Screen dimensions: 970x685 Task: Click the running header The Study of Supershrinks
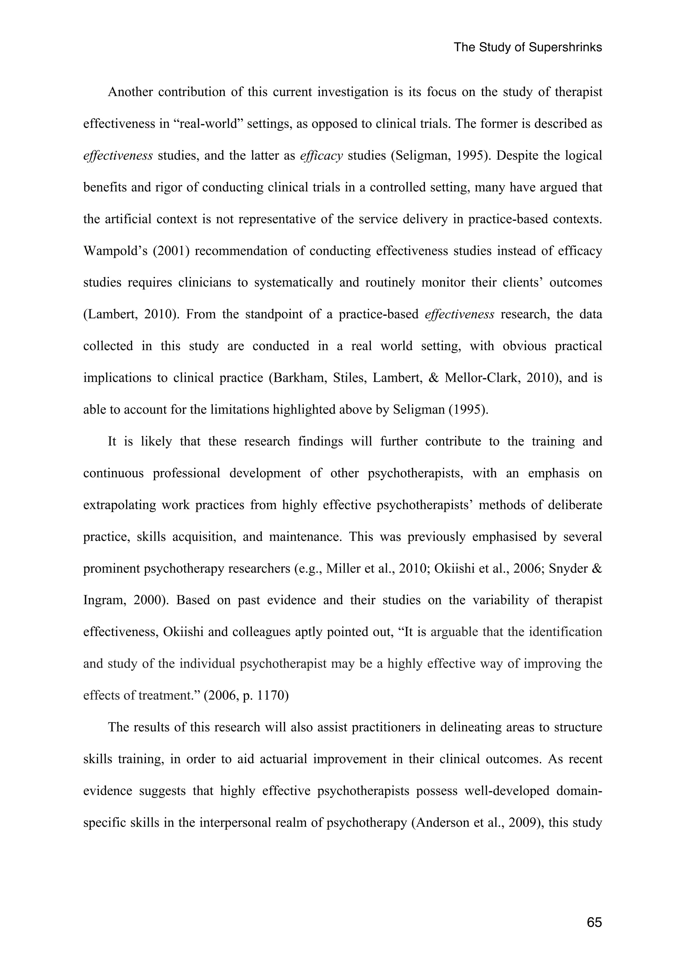coord(527,47)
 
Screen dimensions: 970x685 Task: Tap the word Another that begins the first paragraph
coord(130,92)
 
